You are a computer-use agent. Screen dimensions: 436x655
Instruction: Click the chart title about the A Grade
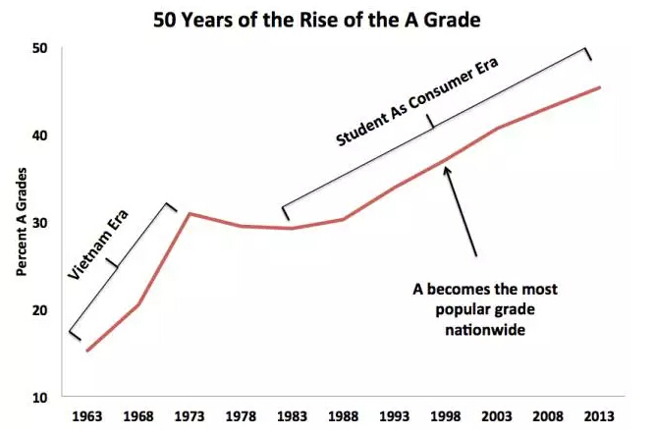(x=328, y=20)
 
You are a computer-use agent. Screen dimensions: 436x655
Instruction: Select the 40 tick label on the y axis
(x=40, y=135)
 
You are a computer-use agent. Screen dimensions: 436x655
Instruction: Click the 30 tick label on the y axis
(x=40, y=222)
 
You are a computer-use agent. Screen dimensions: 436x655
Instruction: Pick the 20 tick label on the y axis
(x=40, y=309)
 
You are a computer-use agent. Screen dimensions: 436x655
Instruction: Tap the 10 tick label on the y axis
(x=40, y=397)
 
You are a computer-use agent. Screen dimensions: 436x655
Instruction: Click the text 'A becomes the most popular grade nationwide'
(x=484, y=310)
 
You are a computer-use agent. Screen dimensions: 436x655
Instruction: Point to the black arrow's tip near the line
(x=447, y=168)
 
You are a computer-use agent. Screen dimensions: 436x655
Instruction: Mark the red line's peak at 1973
(x=189, y=213)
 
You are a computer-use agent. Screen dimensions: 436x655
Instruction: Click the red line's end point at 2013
(x=599, y=87)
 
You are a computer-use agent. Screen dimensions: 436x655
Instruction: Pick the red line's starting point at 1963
(x=87, y=351)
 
